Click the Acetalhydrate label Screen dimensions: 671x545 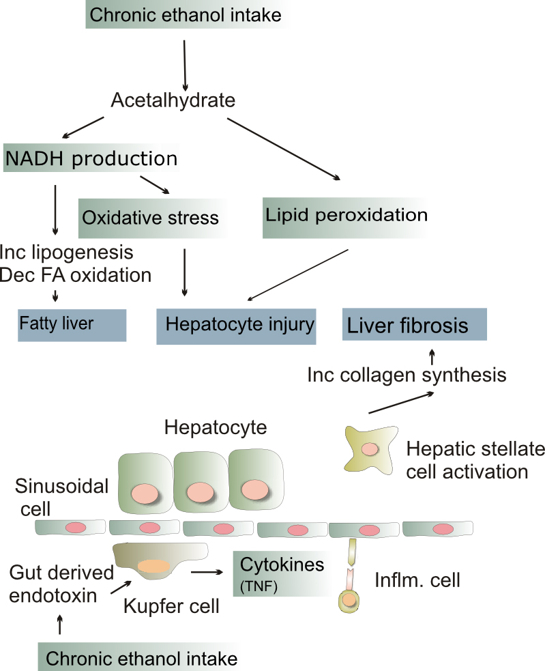[x=173, y=101]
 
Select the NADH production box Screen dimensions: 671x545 [x=90, y=158]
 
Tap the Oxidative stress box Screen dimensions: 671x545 [x=150, y=218]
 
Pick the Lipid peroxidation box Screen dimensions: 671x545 [x=345, y=216]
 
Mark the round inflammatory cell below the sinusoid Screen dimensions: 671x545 [x=349, y=600]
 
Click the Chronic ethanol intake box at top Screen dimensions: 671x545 [x=184, y=15]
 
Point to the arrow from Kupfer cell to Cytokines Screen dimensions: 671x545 [x=208, y=571]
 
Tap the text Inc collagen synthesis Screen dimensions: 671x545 [x=406, y=375]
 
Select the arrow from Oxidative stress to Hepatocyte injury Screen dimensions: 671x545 [x=184, y=271]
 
